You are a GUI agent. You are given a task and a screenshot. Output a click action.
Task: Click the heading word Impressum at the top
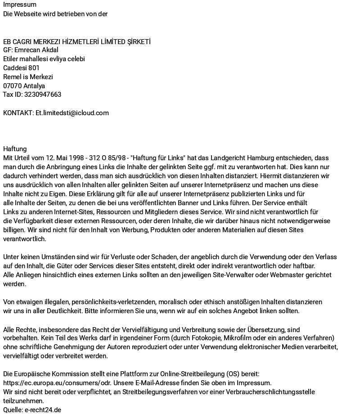(x=20, y=4)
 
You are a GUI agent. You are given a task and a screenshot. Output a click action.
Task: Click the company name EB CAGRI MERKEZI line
(x=76, y=41)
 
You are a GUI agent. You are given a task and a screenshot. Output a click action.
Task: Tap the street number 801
(x=34, y=68)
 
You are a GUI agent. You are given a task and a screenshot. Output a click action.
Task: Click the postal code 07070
(x=12, y=85)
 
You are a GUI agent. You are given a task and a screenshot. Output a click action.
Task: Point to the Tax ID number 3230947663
(x=43, y=94)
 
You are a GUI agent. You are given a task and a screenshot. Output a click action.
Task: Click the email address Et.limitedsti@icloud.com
(x=72, y=113)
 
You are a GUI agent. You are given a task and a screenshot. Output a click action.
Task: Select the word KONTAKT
(x=18, y=113)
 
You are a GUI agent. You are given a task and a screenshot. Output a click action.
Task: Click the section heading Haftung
(x=15, y=149)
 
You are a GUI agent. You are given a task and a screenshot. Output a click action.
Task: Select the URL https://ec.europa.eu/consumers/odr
(x=63, y=383)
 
